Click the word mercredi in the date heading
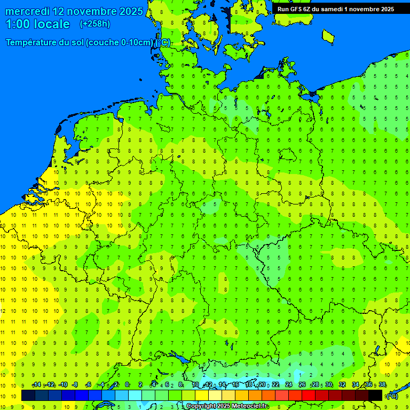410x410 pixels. pyautogui.click(x=28, y=11)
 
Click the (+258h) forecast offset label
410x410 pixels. pyautogui.click(x=94, y=24)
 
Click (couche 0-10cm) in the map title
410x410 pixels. pyautogui.click(x=120, y=43)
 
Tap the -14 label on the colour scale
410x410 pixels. pyautogui.click(x=36, y=385)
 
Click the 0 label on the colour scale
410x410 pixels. pyautogui.click(x=127, y=385)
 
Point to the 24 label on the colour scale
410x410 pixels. pyautogui.click(x=289, y=385)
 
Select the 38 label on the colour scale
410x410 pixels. pyautogui.click(x=382, y=385)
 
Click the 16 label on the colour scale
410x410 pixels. pyautogui.click(x=235, y=385)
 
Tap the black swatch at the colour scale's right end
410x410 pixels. pyautogui.click(x=375, y=395)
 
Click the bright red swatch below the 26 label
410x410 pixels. pyautogui.click(x=309, y=395)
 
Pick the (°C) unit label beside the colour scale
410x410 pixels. pyautogui.click(x=392, y=396)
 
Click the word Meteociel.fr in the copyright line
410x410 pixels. pyautogui.click(x=250, y=406)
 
